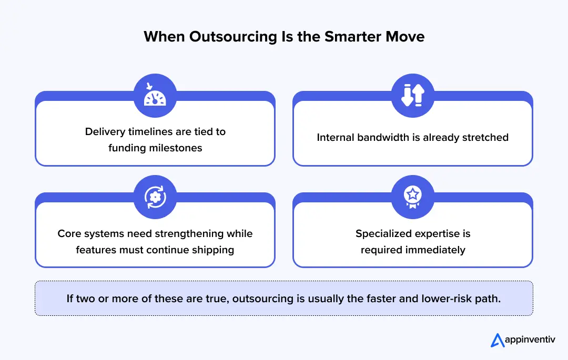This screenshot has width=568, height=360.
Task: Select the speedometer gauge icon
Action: pyautogui.click(x=155, y=95)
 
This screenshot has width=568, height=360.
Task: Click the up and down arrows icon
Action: pyautogui.click(x=412, y=95)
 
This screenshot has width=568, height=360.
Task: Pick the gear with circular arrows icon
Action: pyautogui.click(x=155, y=197)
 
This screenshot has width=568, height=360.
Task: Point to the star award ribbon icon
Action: pyautogui.click(x=412, y=197)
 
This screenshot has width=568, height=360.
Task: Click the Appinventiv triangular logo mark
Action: pyautogui.click(x=497, y=340)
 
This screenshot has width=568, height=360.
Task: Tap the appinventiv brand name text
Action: pyautogui.click(x=530, y=340)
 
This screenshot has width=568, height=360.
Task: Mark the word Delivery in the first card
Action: pyautogui.click(x=105, y=131)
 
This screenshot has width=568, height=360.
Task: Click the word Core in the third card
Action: pyautogui.click(x=69, y=233)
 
